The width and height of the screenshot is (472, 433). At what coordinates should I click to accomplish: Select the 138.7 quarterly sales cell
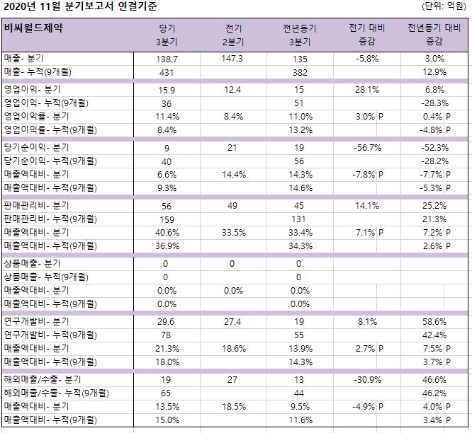pos(165,59)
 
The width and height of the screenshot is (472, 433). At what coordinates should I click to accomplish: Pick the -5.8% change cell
pos(366,59)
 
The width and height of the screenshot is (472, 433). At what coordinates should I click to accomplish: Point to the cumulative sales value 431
pos(165,72)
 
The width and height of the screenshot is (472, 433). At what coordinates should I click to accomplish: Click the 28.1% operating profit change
pos(366,90)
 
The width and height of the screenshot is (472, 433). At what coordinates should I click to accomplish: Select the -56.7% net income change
pos(366,148)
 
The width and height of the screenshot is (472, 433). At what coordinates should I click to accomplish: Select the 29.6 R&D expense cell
pos(165,321)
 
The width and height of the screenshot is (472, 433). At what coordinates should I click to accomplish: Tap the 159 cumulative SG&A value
pos(165,219)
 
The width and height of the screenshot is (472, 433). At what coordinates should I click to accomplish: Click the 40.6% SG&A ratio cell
pos(165,231)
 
